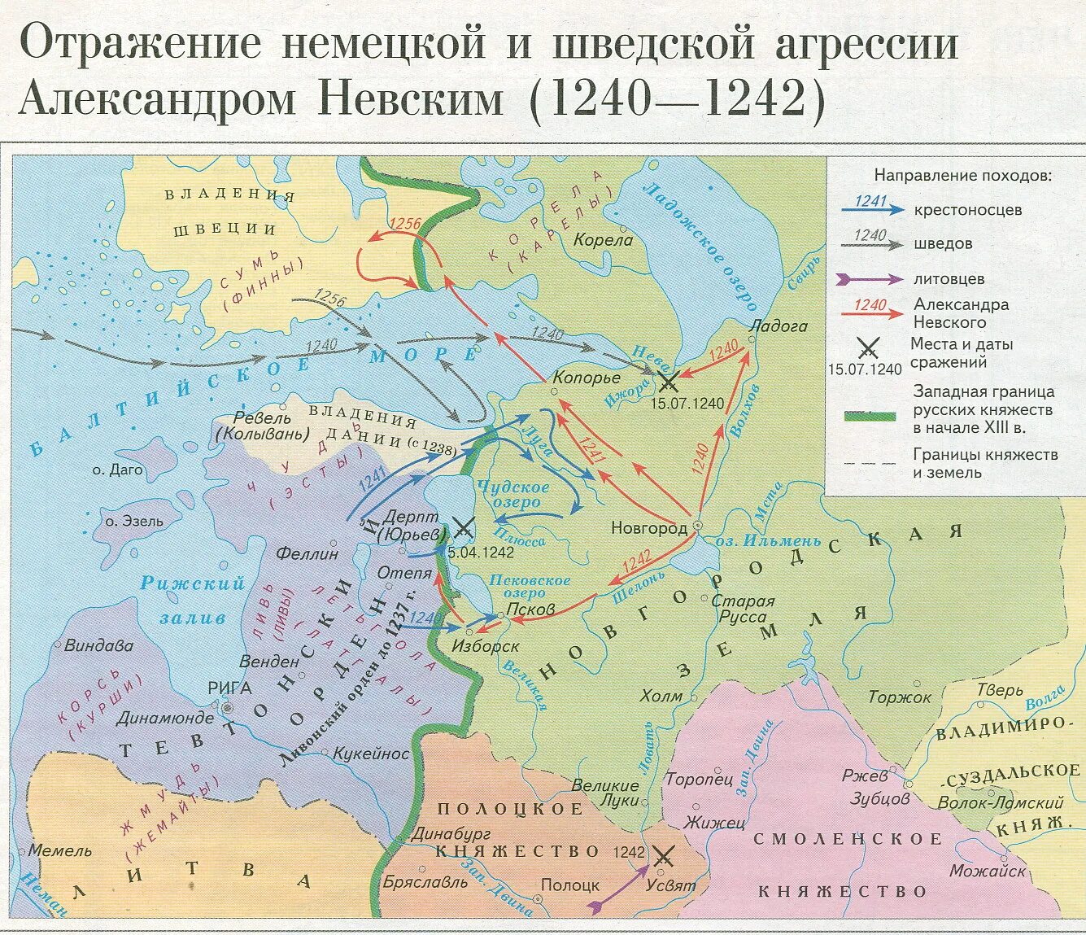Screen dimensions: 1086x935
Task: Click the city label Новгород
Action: (648, 528)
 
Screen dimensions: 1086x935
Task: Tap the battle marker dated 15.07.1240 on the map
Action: (668, 380)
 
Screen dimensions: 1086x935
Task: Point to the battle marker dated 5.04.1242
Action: (463, 528)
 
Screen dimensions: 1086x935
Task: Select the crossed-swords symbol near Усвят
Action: (663, 855)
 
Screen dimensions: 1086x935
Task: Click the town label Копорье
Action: (586, 378)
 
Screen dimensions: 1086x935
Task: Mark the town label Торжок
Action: (899, 697)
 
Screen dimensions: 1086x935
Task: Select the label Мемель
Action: (60, 850)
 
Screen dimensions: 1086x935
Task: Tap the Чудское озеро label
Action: (514, 495)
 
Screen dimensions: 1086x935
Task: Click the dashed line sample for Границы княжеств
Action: (869, 464)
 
